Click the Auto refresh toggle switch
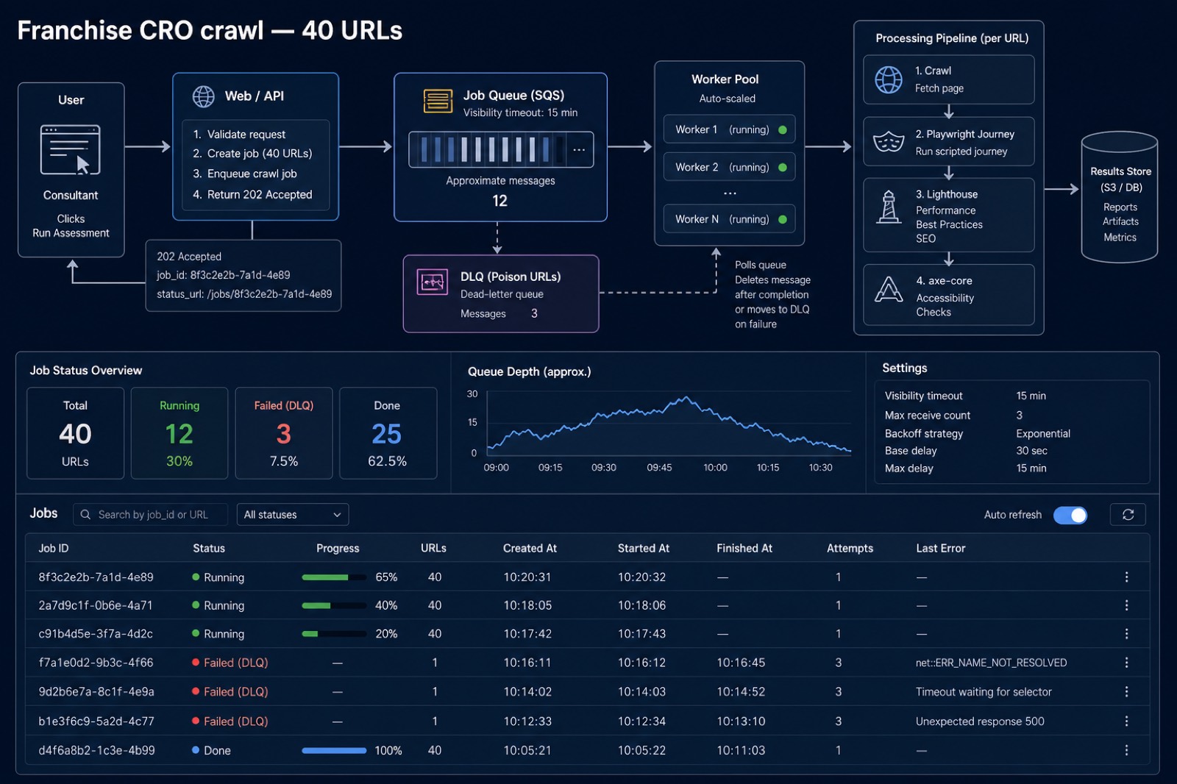tap(1070, 515)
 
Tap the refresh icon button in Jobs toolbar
tap(1128, 514)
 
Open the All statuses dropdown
tap(293, 514)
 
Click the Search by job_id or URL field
tap(150, 514)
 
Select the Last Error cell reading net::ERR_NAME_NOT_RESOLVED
tap(991, 663)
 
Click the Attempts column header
tap(850, 548)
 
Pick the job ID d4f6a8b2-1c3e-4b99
tap(96, 750)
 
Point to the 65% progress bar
tap(334, 577)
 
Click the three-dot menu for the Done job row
tap(1126, 750)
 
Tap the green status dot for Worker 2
tap(783, 167)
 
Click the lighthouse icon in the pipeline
tap(888, 207)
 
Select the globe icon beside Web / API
tap(203, 96)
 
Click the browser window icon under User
tap(71, 150)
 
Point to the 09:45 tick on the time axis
tap(659, 467)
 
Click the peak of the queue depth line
tap(686, 398)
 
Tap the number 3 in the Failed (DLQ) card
tap(284, 434)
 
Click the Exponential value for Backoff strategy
tap(1042, 433)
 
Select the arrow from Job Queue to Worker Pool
tap(630, 146)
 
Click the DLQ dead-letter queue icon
tap(432, 282)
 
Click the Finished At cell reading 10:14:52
tap(741, 691)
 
